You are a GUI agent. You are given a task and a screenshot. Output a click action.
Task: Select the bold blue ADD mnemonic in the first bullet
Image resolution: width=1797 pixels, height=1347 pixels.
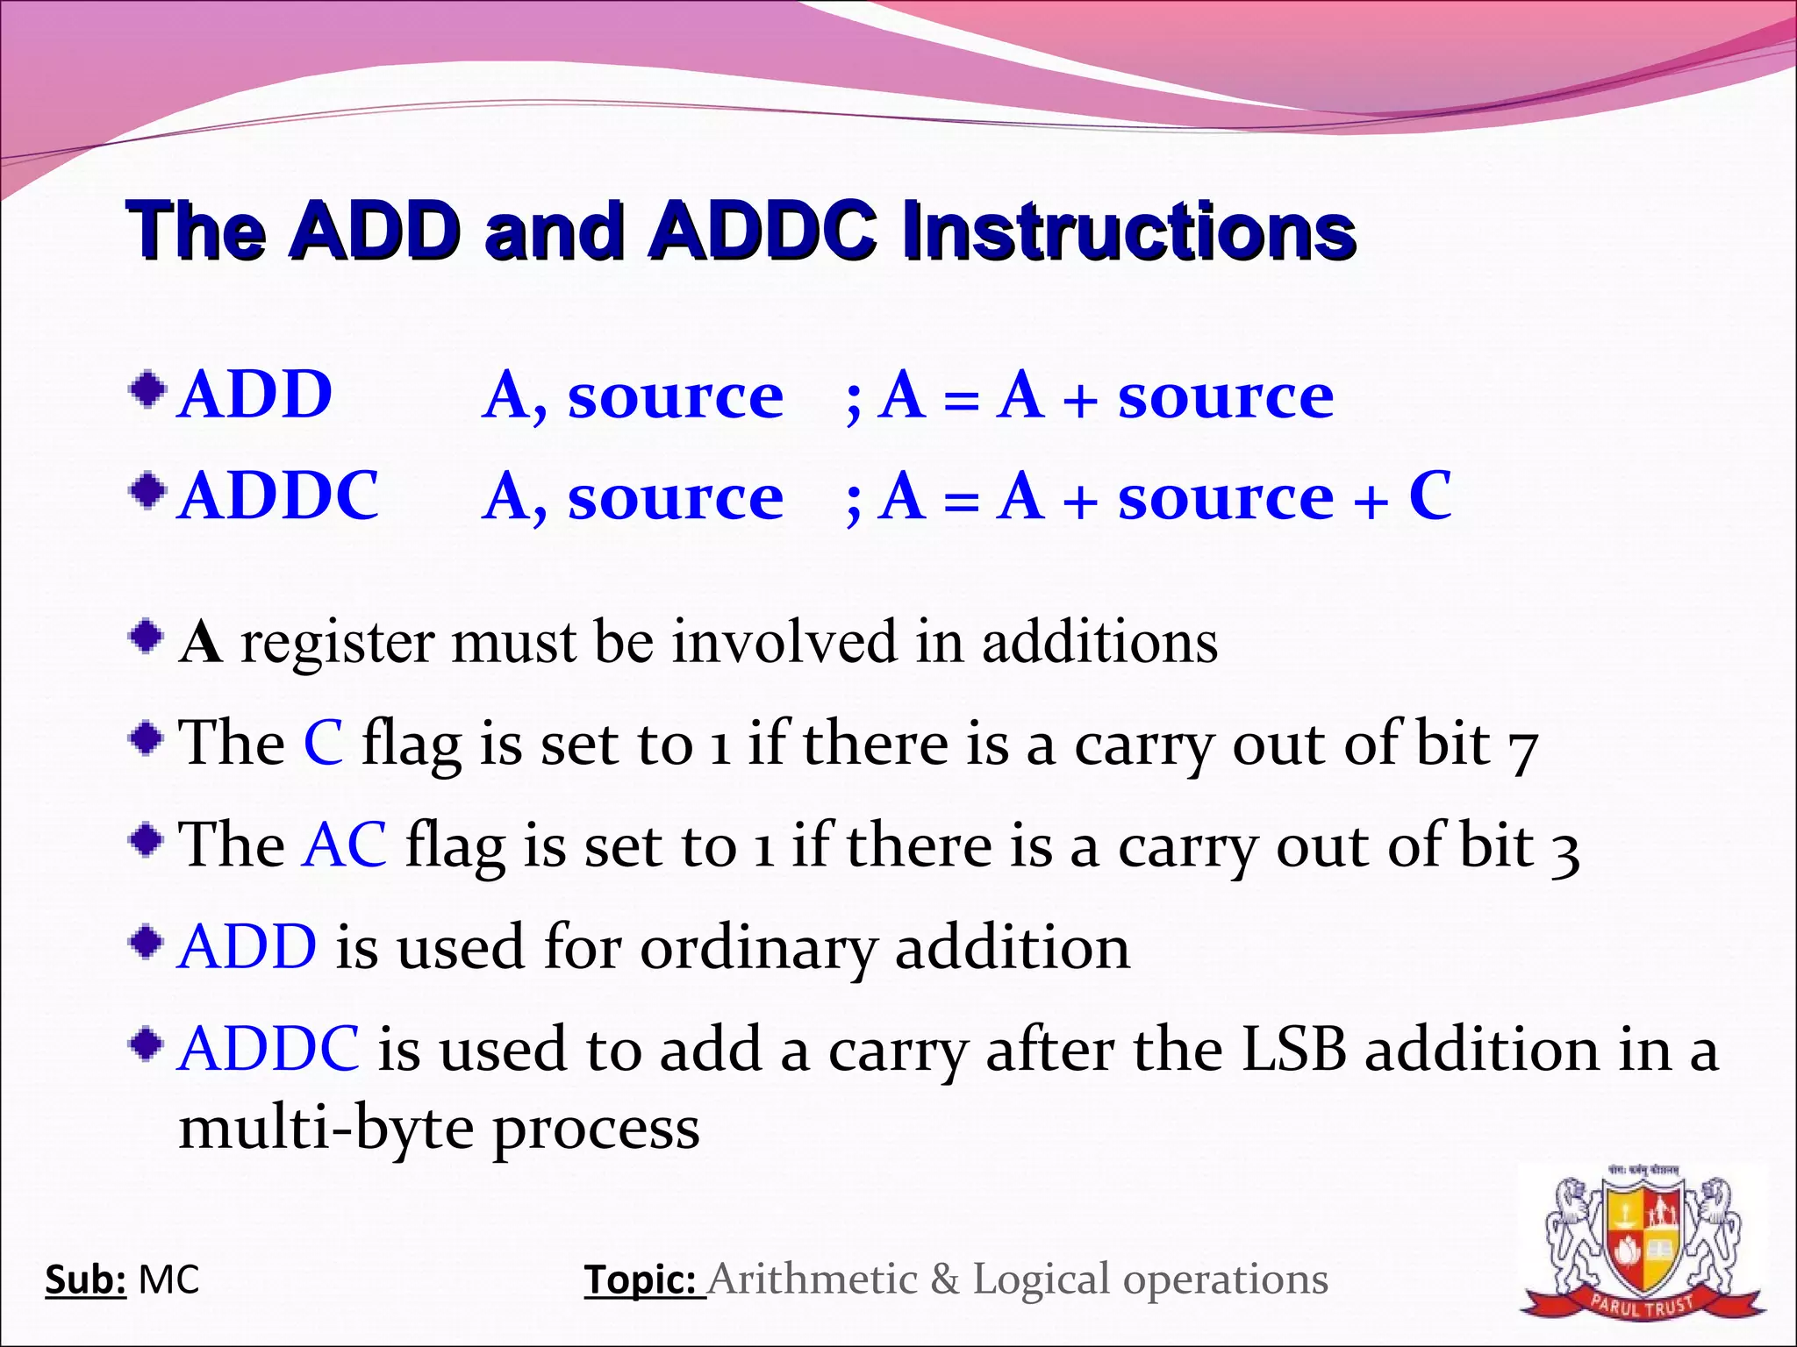tap(254, 395)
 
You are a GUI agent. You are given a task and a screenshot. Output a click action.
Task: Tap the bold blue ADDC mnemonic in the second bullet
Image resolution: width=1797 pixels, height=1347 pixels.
tap(277, 496)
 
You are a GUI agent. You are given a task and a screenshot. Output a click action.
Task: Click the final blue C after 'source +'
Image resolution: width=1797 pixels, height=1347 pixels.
tap(1429, 496)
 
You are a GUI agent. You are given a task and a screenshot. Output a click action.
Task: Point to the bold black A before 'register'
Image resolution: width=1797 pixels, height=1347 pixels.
tap(200, 642)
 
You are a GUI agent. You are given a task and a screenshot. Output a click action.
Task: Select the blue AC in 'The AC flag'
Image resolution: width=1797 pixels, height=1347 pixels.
tap(344, 845)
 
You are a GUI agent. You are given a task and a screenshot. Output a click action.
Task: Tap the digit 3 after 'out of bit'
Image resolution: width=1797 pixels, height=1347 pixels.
tap(1564, 851)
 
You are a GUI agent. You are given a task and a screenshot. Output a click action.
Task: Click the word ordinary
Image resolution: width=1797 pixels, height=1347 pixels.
tap(757, 949)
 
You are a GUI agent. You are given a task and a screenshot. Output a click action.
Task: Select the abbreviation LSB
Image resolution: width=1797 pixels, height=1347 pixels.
tap(1292, 1050)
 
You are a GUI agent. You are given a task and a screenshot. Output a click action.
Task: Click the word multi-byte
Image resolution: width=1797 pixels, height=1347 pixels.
tap(326, 1129)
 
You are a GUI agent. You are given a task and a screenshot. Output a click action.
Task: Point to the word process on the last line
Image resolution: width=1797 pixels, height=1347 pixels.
tap(596, 1131)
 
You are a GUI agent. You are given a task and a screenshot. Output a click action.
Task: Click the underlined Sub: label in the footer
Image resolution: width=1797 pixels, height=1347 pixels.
tap(85, 1279)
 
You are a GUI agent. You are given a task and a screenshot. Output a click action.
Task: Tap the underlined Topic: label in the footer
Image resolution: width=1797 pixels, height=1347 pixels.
tap(644, 1279)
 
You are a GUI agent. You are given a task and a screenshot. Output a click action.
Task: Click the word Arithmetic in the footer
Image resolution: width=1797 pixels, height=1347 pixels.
tap(812, 1279)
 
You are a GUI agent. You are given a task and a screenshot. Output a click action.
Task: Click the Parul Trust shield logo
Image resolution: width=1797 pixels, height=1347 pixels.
tap(1643, 1244)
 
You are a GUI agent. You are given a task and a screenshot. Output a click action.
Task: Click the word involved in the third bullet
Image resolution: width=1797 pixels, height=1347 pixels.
tap(784, 642)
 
